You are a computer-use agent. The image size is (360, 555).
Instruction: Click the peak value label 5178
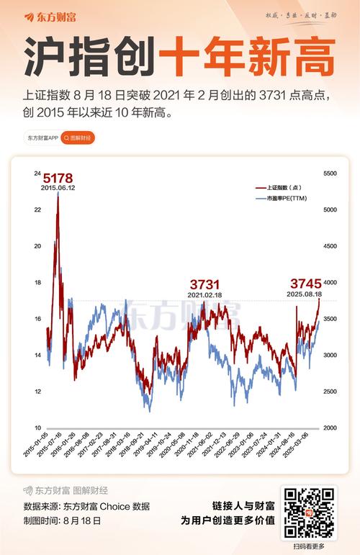click(58, 178)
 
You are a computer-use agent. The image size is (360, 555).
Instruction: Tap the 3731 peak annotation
click(204, 284)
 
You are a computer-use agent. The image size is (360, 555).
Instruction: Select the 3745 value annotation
click(305, 284)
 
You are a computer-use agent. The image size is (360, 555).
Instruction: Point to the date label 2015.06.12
click(58, 189)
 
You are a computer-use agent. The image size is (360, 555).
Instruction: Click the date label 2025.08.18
click(305, 294)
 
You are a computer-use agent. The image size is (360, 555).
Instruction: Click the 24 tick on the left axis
click(37, 173)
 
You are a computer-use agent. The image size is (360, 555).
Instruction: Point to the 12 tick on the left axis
click(37, 392)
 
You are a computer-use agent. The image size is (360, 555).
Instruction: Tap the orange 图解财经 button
click(78, 137)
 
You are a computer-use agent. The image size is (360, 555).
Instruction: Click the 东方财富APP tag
click(42, 137)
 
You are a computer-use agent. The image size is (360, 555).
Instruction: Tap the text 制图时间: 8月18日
click(63, 520)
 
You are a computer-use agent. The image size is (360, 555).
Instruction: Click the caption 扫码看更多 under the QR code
click(309, 546)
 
